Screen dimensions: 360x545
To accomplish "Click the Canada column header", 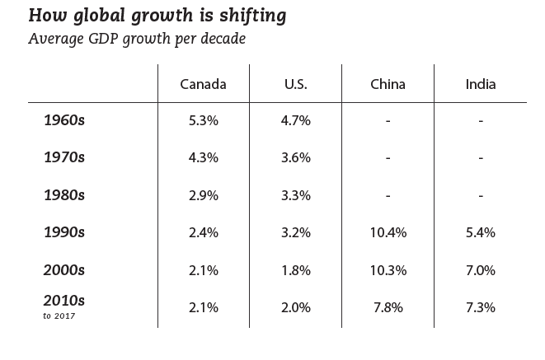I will tap(203, 84).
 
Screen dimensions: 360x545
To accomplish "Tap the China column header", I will tap(388, 84).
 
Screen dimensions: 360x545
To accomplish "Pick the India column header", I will tap(480, 84).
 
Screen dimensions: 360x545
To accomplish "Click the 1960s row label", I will tap(64, 120).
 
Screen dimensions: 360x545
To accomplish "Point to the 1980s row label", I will tap(64, 195).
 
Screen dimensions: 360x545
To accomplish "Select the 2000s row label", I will tap(64, 269).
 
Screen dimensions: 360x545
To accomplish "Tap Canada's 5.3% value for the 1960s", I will tap(203, 120).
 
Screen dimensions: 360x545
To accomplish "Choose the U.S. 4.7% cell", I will tap(295, 120).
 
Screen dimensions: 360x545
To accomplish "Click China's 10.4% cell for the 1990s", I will tap(388, 232).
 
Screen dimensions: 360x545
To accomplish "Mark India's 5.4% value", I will tap(480, 232).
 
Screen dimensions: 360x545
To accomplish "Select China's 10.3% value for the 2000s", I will tap(388, 269).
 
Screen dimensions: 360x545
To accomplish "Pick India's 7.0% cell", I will tap(480, 269).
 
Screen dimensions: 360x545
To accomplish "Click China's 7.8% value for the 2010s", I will tap(388, 307).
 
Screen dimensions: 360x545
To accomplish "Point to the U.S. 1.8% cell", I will tap(295, 269).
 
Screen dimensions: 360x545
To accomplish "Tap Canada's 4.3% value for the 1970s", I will tap(203, 157).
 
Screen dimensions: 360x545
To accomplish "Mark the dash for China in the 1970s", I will tap(388, 158).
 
